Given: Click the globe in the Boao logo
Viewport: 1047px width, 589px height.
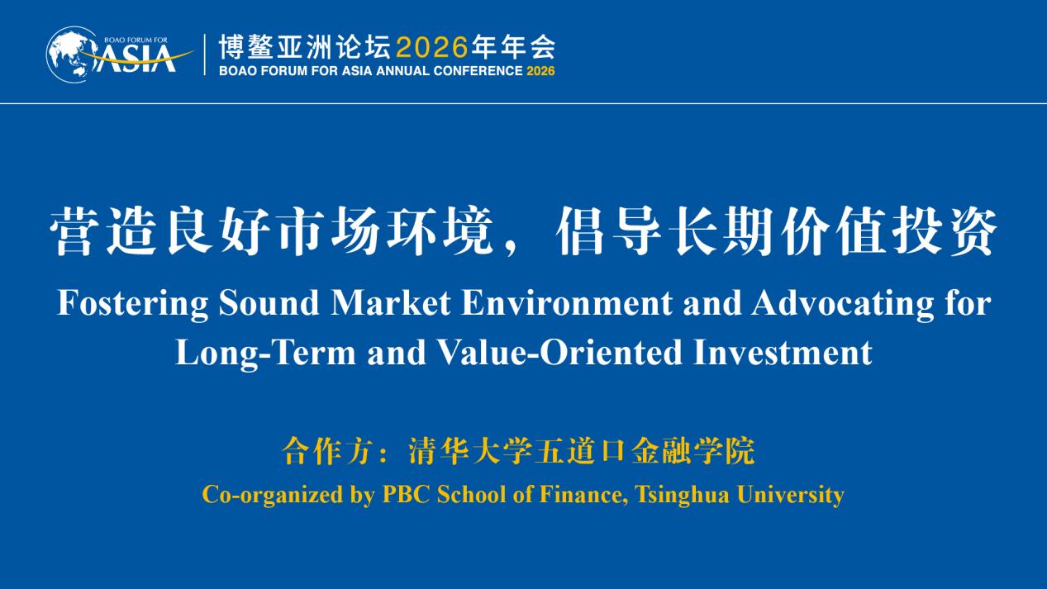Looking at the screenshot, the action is pyautogui.click(x=70, y=55).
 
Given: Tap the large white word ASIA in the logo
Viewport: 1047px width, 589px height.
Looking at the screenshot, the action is pyautogui.click(x=136, y=59).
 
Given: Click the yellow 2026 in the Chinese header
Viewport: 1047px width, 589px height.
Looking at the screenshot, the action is pyautogui.click(x=432, y=48).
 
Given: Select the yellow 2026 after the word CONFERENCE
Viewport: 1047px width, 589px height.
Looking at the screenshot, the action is pyautogui.click(x=540, y=71).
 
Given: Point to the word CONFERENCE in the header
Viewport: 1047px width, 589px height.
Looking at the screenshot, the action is pyautogui.click(x=478, y=71).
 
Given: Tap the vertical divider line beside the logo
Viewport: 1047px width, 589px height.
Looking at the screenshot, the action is pyautogui.click(x=205, y=55).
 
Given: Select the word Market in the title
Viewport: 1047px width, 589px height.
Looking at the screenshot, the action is pyautogui.click(x=391, y=302).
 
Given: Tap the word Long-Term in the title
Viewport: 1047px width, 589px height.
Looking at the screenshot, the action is pyautogui.click(x=265, y=354).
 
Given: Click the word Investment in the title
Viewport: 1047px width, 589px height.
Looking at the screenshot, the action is pyautogui.click(x=783, y=352).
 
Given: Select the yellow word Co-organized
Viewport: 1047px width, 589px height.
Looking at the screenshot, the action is pyautogui.click(x=273, y=495).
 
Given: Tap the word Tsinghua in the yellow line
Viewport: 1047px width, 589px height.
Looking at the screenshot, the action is pyautogui.click(x=682, y=495).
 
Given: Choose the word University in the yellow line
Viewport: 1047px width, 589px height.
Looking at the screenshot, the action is pyautogui.click(x=791, y=495).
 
